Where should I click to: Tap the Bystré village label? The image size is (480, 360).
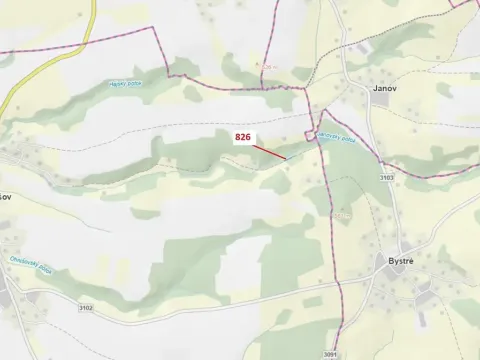(402, 261)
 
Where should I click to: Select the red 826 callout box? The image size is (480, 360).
(243, 137)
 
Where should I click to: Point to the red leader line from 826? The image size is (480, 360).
(269, 150)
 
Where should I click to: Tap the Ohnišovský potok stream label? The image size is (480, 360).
(32, 268)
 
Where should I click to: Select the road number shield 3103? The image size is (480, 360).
(386, 177)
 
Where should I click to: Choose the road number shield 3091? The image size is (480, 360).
(330, 354)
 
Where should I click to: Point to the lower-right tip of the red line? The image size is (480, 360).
(286, 157)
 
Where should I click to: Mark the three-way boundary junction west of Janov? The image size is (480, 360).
(305, 89)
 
